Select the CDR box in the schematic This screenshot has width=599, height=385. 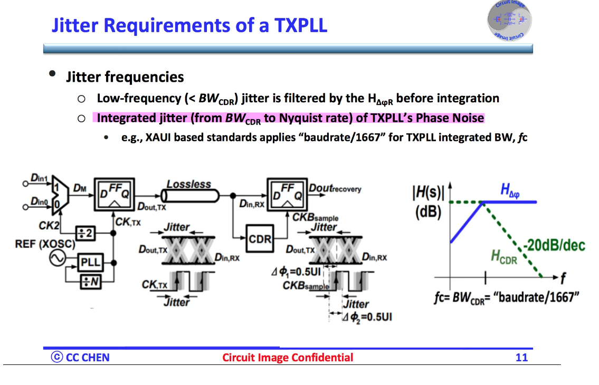click(260, 239)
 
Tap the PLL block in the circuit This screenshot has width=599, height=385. click(90, 262)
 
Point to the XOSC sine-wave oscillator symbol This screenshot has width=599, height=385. click(57, 258)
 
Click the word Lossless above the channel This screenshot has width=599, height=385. click(188, 184)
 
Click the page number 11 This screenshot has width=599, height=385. click(521, 358)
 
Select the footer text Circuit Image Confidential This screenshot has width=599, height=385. click(288, 358)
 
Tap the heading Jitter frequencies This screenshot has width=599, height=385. click(125, 77)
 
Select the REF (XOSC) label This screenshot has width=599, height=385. click(45, 245)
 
